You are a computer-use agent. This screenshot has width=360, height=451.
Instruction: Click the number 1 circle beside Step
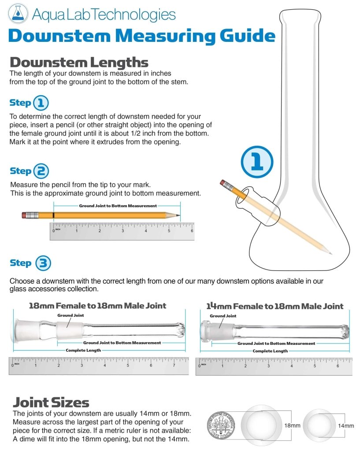click(41, 103)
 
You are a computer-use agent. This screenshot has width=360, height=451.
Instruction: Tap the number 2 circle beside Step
click(41, 171)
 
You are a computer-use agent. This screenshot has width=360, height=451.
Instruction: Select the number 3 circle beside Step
click(43, 263)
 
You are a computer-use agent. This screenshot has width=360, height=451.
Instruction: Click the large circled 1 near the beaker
click(257, 162)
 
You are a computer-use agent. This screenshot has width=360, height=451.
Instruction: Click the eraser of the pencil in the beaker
click(223, 183)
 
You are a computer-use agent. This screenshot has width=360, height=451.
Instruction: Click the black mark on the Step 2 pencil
click(53, 215)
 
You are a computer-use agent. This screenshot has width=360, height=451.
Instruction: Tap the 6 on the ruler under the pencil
click(192, 231)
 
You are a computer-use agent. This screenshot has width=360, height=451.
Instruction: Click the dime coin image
click(221, 425)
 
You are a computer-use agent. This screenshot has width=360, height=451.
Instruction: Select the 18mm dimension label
click(293, 425)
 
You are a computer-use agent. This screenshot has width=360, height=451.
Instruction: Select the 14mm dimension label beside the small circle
click(346, 426)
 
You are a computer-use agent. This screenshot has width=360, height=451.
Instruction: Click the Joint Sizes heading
click(51, 403)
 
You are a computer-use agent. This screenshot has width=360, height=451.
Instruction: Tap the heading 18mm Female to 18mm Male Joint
click(97, 306)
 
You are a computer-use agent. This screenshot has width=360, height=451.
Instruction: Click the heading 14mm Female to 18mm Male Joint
click(275, 306)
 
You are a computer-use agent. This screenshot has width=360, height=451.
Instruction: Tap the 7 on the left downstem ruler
click(174, 365)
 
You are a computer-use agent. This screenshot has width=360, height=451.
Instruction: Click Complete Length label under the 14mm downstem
click(270, 351)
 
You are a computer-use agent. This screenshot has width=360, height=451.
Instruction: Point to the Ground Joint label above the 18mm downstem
click(71, 315)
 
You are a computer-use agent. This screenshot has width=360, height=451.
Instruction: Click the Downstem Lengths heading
click(79, 62)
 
